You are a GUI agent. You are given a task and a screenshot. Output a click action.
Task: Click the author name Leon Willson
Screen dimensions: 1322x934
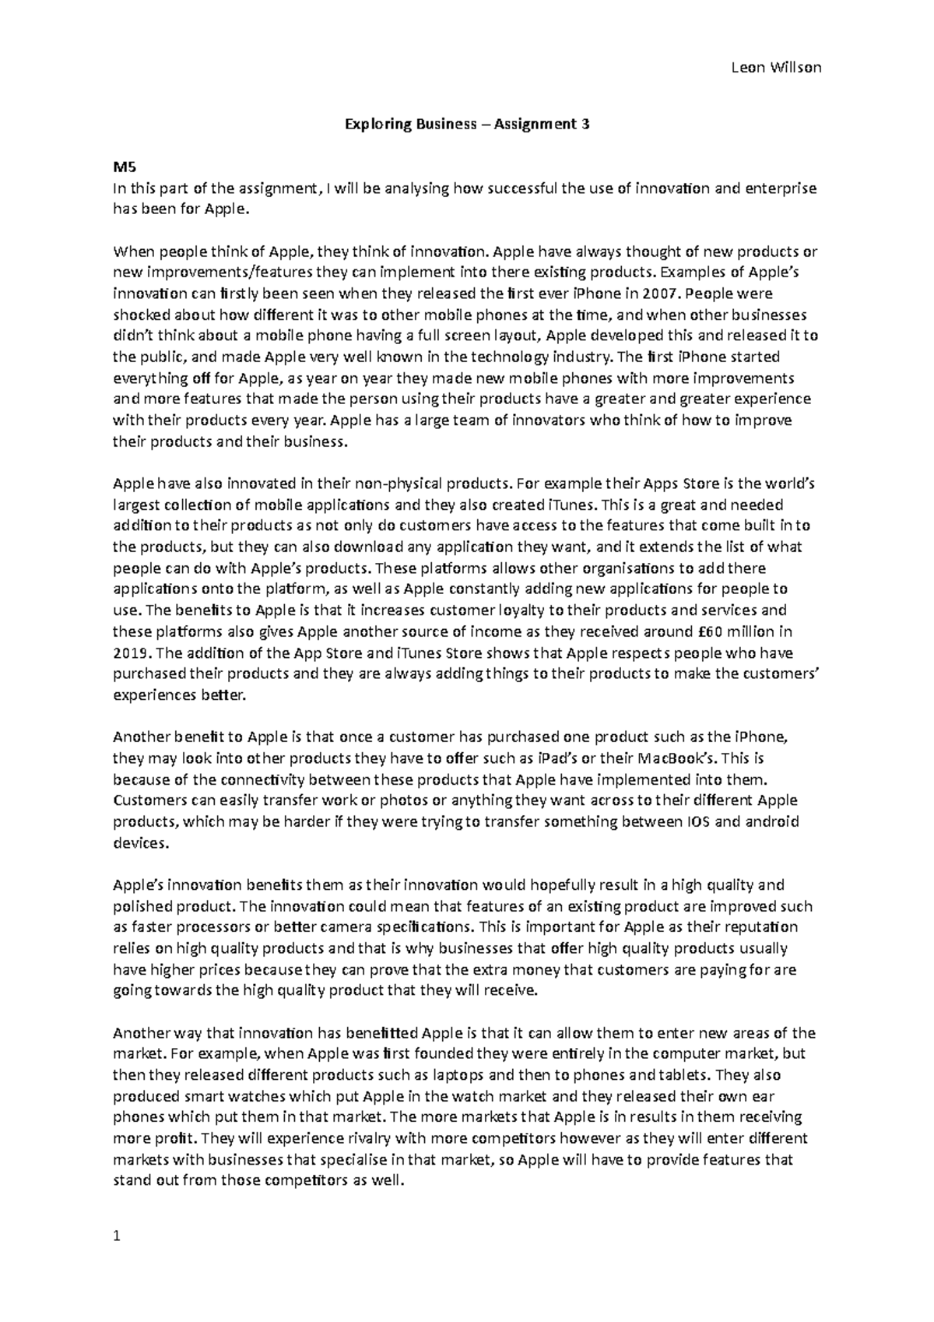776,68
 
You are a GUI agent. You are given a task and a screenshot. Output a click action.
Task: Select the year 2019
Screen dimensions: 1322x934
128,652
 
